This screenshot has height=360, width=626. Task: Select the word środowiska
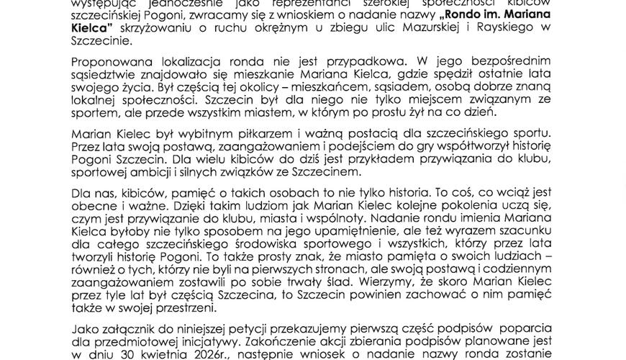pyautogui.click(x=237, y=244)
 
